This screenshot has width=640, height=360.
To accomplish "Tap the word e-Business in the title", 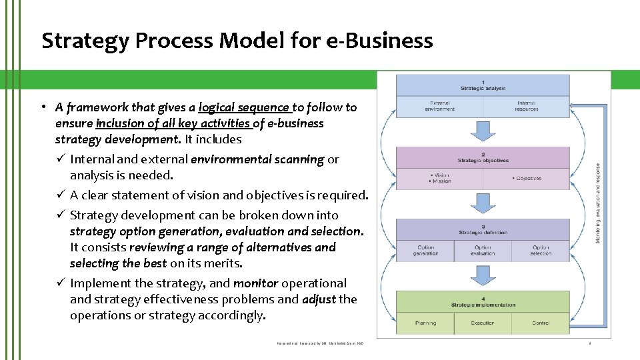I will coord(380,41).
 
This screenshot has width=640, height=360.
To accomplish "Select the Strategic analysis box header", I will coord(483,85).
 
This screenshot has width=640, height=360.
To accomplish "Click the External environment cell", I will coord(439,106).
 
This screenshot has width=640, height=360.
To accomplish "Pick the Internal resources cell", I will coord(527,106).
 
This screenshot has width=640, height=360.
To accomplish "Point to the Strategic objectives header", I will coord(483,158).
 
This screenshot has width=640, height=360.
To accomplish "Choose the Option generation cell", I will coord(425,250).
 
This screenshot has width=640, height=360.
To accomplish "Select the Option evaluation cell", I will coord(483,250).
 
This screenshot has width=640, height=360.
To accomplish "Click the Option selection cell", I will coord(541,250).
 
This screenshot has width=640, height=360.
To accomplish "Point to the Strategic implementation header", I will coord(483,302).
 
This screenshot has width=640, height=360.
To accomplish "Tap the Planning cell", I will coord(425,323).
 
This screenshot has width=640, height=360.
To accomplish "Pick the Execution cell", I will coord(483,323).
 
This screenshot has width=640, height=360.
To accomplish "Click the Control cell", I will coord(541,323).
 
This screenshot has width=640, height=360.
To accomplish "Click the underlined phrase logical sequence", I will coord(244,107).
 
